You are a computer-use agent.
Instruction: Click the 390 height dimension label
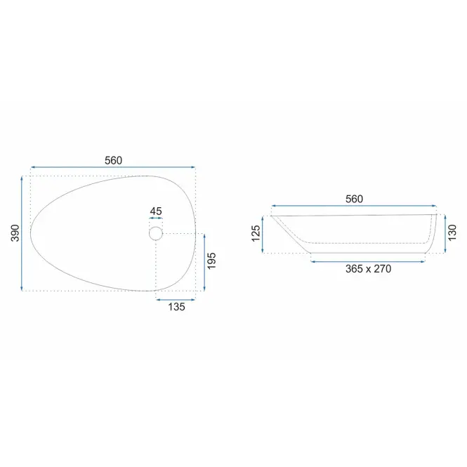pos(15,233)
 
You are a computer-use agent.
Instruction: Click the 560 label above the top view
pos(113,161)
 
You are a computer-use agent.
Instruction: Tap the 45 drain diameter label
pos(156,211)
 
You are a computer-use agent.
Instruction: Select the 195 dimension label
pos(211,261)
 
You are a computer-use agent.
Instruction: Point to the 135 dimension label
pos(176,307)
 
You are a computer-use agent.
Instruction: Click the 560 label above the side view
pos(354,199)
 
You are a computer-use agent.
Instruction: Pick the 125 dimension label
pos(256,233)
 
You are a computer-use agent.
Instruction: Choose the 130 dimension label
pos(452,233)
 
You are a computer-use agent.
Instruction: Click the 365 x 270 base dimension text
pos(368,269)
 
